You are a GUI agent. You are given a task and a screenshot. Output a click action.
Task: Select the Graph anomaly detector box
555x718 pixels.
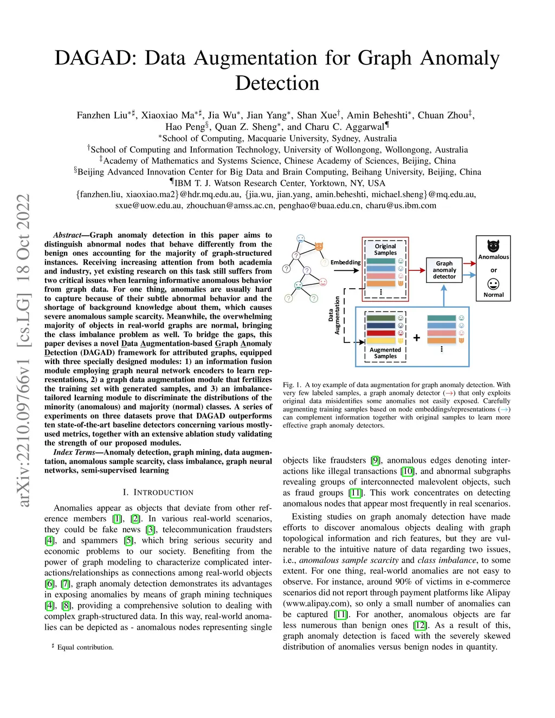(x=444, y=270)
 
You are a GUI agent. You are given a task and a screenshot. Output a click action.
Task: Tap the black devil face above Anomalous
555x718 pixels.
(x=493, y=245)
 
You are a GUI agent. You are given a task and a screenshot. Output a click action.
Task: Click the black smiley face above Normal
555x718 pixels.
(x=493, y=284)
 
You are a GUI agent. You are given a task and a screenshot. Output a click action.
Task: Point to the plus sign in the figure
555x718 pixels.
(x=417, y=338)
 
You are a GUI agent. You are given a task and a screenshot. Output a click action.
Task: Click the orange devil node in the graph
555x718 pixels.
(x=319, y=247)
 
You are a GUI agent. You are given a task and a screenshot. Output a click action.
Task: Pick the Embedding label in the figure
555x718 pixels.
(x=345, y=262)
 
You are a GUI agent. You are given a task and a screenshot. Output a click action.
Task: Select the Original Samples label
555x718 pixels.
(x=385, y=249)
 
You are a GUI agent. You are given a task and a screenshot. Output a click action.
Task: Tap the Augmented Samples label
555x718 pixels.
(x=385, y=353)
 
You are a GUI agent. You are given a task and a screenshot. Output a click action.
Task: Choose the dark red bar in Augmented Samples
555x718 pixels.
(x=381, y=333)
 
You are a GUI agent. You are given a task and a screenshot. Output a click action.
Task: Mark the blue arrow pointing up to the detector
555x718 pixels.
(x=444, y=295)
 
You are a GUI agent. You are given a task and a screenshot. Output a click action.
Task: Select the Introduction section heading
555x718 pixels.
(x=158, y=492)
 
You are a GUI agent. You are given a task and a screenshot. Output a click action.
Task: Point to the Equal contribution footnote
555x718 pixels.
(x=85, y=647)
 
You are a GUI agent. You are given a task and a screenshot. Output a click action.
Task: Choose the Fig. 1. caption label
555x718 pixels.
(x=292, y=385)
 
